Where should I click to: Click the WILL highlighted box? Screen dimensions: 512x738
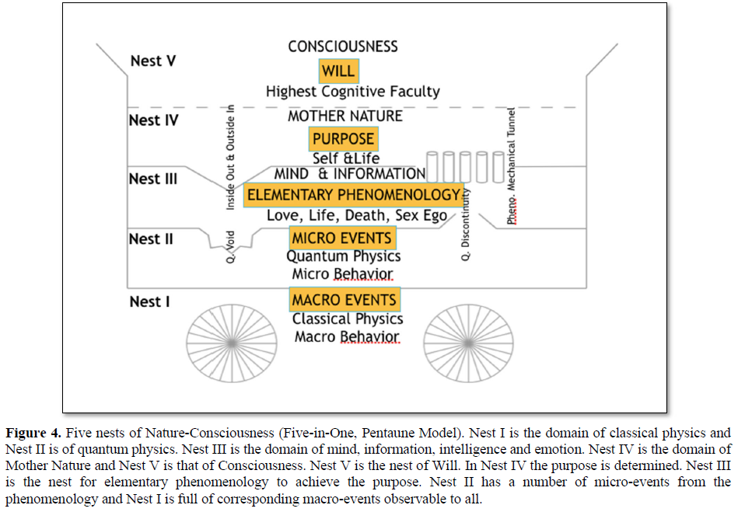point(338,71)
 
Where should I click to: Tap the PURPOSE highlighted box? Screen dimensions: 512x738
point(343,140)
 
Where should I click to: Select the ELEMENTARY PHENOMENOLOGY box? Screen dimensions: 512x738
point(353,194)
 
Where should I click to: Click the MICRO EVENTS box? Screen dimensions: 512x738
point(341,238)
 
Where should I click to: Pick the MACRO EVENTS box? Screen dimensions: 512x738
point(345,299)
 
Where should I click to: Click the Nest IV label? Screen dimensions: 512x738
point(154,120)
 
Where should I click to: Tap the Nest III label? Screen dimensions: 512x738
point(153,179)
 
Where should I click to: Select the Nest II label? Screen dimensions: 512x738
point(151,239)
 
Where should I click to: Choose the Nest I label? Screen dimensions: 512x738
point(149,301)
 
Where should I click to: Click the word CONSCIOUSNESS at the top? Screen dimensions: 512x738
point(343,47)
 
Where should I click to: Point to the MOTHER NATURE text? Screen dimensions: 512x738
point(345,116)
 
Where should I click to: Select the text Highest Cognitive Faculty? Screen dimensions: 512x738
point(352,92)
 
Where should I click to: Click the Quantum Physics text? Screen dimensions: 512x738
point(344,256)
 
